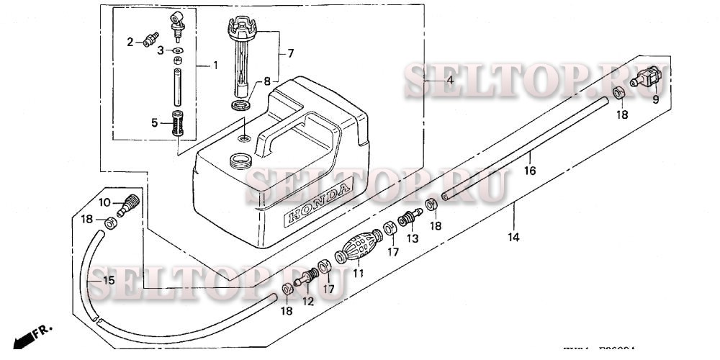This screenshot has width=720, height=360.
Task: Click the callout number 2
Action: click(x=131, y=42)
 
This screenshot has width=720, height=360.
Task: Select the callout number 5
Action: click(x=155, y=123)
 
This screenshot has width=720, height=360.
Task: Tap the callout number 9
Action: click(x=656, y=100)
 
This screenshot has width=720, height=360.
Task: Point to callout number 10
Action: click(x=104, y=202)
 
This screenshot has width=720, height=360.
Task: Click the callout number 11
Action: click(x=358, y=273)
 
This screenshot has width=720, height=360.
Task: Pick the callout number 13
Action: click(x=413, y=238)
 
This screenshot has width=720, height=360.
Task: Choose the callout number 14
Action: click(x=515, y=235)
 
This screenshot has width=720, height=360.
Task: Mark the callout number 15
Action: click(x=107, y=280)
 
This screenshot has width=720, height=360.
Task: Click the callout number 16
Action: click(x=530, y=171)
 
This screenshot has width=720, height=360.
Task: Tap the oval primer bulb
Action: click(x=359, y=253)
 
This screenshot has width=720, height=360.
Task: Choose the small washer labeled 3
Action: click(x=178, y=52)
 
